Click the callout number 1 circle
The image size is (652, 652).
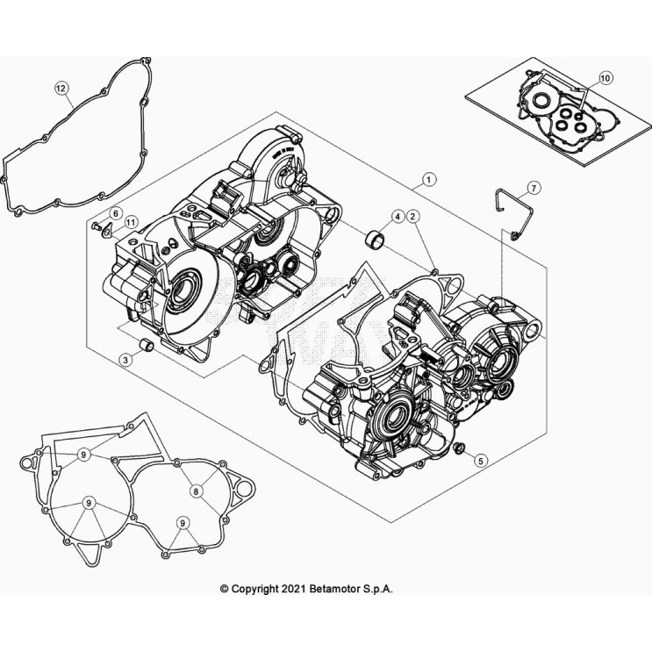[428, 180]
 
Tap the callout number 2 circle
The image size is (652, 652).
[411, 216]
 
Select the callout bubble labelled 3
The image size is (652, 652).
[127, 360]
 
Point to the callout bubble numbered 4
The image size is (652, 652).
[398, 216]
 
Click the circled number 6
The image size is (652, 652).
[114, 214]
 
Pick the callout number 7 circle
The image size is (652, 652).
[534, 189]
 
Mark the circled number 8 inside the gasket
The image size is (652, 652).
[197, 491]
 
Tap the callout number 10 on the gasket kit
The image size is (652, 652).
[605, 79]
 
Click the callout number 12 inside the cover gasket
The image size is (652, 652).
[61, 88]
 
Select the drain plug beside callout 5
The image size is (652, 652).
[459, 451]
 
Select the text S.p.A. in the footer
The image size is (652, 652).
[376, 590]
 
